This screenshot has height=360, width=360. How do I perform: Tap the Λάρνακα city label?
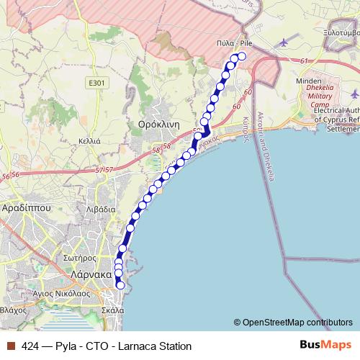(x=90, y=274)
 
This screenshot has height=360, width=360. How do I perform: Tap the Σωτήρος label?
(x=79, y=257)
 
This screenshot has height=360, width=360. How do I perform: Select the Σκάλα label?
(x=113, y=310)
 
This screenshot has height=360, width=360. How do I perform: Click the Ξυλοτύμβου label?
(x=341, y=32)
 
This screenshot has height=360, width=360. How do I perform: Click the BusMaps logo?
(x=327, y=345)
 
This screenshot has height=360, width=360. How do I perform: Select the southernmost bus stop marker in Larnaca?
(x=120, y=286)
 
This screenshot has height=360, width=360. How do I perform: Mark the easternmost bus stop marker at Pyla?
(x=242, y=56)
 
